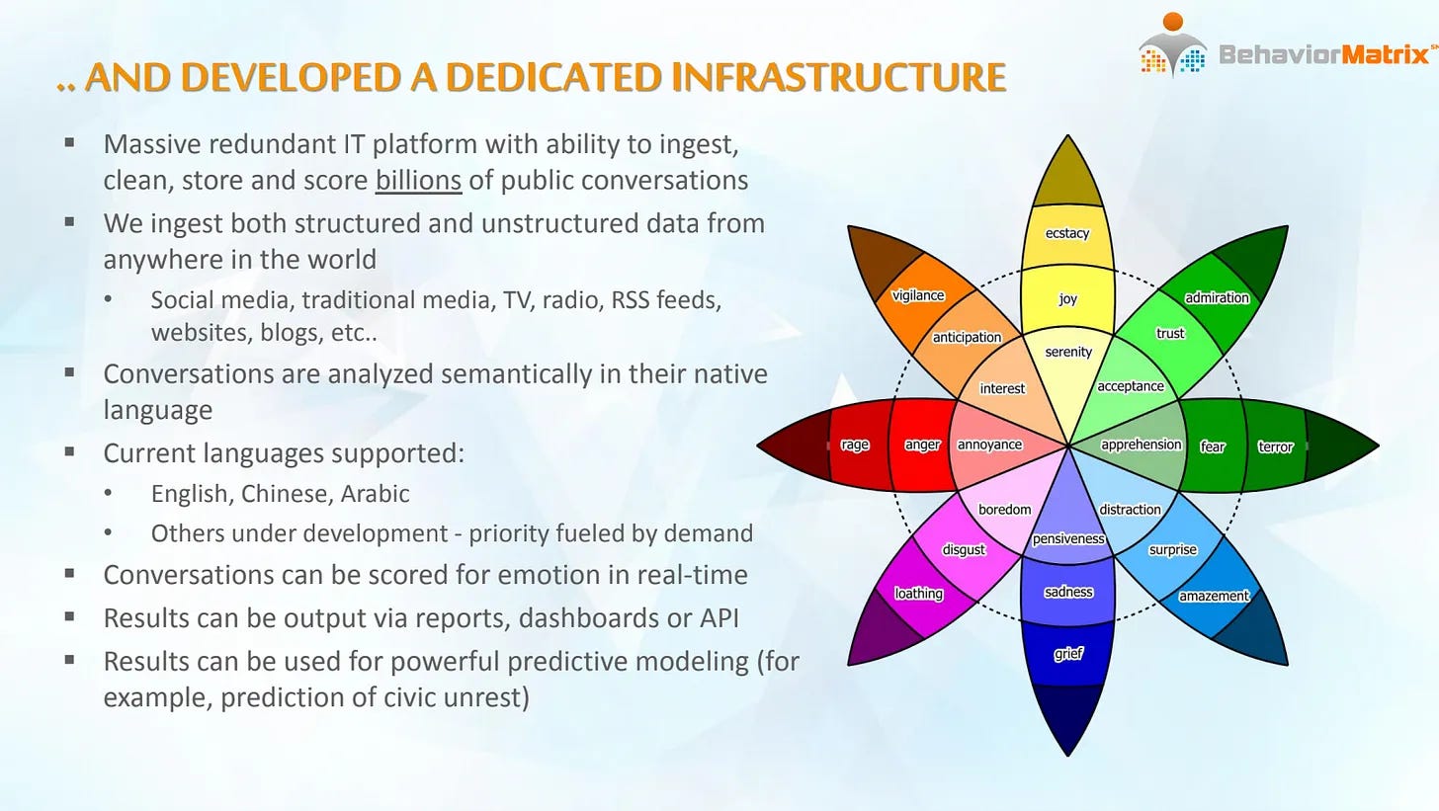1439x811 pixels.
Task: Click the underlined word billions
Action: [418, 181]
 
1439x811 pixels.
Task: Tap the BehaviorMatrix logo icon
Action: [1172, 45]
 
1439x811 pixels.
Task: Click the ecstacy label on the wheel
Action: [1067, 233]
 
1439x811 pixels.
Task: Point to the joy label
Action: [1067, 298]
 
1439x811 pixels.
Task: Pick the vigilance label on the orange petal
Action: [918, 295]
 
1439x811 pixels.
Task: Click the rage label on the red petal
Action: [854, 445]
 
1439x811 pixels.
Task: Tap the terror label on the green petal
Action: [1275, 446]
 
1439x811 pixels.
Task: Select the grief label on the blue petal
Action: [1068, 654]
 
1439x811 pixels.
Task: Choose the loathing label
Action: [919, 594]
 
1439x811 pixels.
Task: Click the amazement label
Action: [1214, 596]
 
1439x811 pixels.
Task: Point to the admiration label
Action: [1217, 298]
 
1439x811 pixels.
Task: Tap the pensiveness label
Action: [1068, 538]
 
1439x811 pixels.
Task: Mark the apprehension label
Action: [1141, 445]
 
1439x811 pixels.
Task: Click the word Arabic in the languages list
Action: [376, 493]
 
